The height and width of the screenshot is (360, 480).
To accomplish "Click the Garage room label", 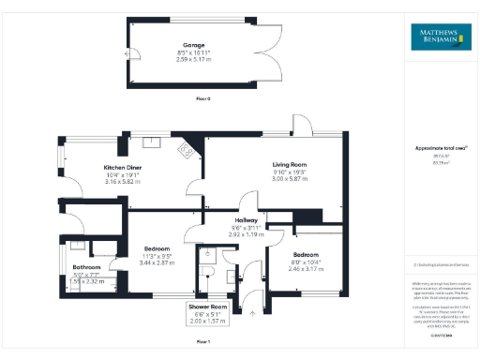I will tap(194, 44).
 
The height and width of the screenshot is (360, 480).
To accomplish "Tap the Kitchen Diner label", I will tap(122, 167).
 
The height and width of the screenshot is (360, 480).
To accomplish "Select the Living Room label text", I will tap(263, 164).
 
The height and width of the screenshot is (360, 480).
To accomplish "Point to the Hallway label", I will tap(245, 218).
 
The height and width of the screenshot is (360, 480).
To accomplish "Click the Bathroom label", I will tap(86, 267).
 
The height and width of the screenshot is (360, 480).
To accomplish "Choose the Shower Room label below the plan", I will tap(206, 307).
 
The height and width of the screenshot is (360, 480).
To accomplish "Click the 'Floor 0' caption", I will tap(203, 97).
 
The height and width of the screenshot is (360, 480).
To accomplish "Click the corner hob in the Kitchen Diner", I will tap(187, 148).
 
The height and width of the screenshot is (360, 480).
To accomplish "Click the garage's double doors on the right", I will tap(268, 50).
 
